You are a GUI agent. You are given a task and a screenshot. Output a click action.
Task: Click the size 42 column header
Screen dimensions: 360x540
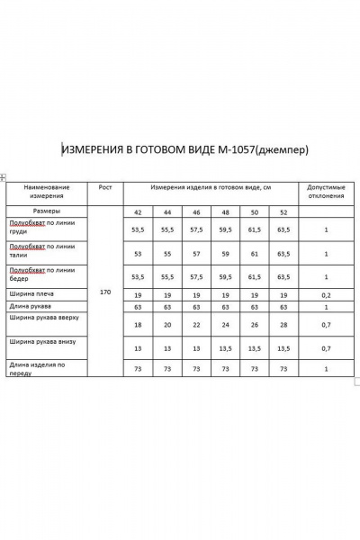pyautogui.click(x=138, y=211)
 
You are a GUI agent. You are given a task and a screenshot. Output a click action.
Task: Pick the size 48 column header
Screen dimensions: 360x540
pyautogui.click(x=225, y=211)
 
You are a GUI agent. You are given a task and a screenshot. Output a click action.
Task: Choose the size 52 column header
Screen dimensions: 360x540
pyautogui.click(x=283, y=211)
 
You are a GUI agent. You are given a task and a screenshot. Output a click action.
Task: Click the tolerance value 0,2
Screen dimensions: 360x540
pyautogui.click(x=327, y=293)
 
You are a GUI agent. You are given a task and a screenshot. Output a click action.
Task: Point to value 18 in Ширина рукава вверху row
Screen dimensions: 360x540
pyautogui.click(x=138, y=325)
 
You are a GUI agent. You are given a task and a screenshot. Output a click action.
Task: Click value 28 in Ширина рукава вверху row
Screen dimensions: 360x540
pyautogui.click(x=283, y=325)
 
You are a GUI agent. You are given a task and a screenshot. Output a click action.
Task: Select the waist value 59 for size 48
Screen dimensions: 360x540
pyautogui.click(x=225, y=253)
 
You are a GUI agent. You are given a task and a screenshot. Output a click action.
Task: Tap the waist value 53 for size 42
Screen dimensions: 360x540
pyautogui.click(x=138, y=253)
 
